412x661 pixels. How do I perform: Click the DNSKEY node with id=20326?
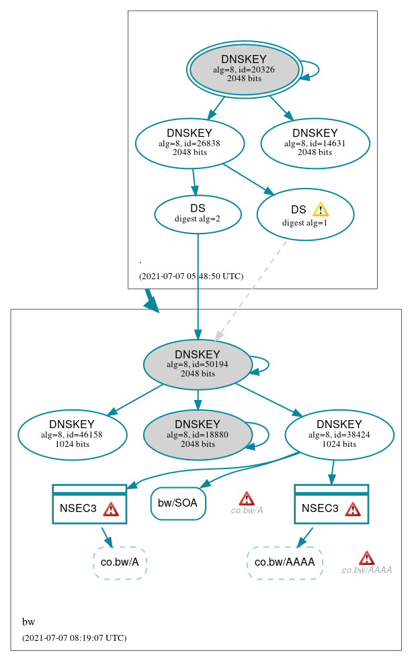click(244, 70)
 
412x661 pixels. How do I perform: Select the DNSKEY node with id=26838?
click(190, 143)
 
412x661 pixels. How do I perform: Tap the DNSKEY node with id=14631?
click(315, 143)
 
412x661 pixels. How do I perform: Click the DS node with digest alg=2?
click(198, 214)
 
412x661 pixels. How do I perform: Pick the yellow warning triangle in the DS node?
click(321, 209)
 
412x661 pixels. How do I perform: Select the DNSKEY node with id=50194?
click(198, 364)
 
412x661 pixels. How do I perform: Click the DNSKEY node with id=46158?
click(72, 435)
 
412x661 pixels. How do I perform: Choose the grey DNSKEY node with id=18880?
click(198, 435)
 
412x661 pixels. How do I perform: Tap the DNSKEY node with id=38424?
click(339, 435)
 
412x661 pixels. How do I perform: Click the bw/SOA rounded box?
click(178, 503)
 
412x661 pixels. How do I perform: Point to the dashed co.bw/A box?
click(120, 562)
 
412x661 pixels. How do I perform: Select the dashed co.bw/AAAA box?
click(285, 562)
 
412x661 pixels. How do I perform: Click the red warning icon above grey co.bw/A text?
click(247, 499)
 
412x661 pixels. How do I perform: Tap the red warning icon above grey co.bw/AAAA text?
click(366, 558)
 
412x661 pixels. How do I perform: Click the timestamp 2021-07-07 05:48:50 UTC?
click(191, 276)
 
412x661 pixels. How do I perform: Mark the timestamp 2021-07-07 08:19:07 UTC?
click(74, 638)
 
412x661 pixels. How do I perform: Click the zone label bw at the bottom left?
click(29, 622)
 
